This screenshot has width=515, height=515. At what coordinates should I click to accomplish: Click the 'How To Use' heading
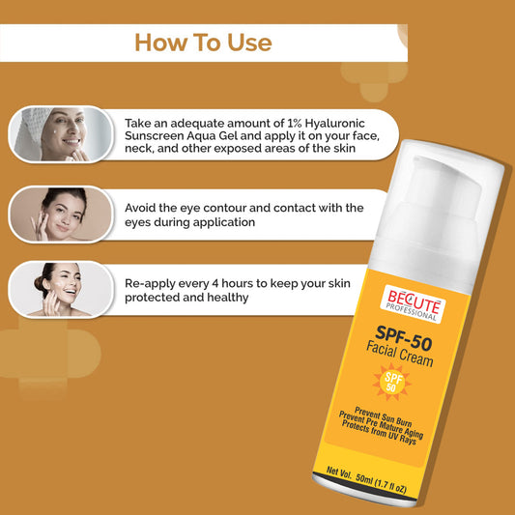203,43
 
